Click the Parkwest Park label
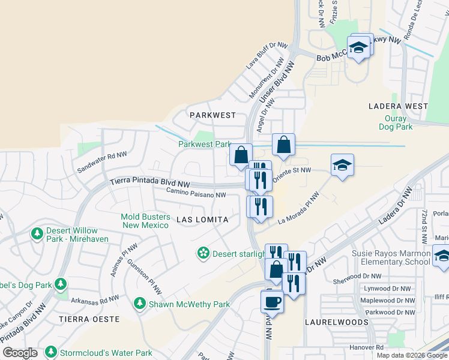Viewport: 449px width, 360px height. click(x=204, y=144)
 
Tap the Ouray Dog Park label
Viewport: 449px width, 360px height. click(x=396, y=122)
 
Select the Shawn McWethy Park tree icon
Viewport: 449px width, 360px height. click(x=140, y=304)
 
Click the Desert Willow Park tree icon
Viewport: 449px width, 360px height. click(x=37, y=232)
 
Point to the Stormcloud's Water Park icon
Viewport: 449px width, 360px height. click(x=50, y=351)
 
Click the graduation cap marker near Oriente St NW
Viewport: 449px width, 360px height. click(x=342, y=166)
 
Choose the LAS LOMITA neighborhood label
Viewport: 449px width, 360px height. click(x=202, y=220)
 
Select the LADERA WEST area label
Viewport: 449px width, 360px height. click(x=398, y=106)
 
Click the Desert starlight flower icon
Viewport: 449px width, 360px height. click(x=203, y=253)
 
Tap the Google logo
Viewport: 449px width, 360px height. click(x=20, y=353)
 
